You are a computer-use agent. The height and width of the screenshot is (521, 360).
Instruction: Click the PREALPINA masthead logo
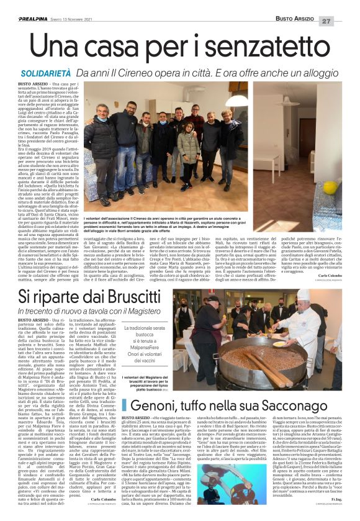pyautogui.click(x=19, y=7)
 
